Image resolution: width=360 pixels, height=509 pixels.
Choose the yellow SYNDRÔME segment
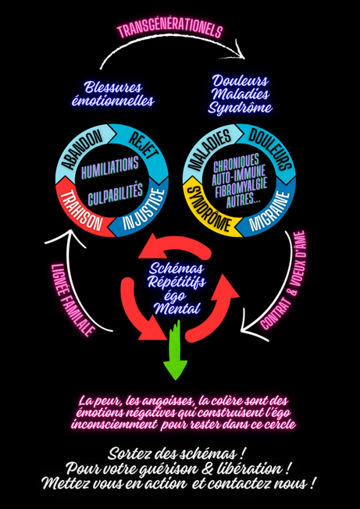point(208,211)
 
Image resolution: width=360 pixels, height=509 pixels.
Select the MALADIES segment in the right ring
point(208,149)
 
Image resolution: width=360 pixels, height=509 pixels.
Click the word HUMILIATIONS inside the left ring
point(110,168)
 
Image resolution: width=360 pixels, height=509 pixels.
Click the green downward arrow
point(176,350)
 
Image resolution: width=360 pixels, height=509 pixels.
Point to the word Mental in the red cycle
point(177,308)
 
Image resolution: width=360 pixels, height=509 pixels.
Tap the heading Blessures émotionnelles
point(112,94)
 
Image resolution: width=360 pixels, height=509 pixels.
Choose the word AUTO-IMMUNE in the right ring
point(239,179)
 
